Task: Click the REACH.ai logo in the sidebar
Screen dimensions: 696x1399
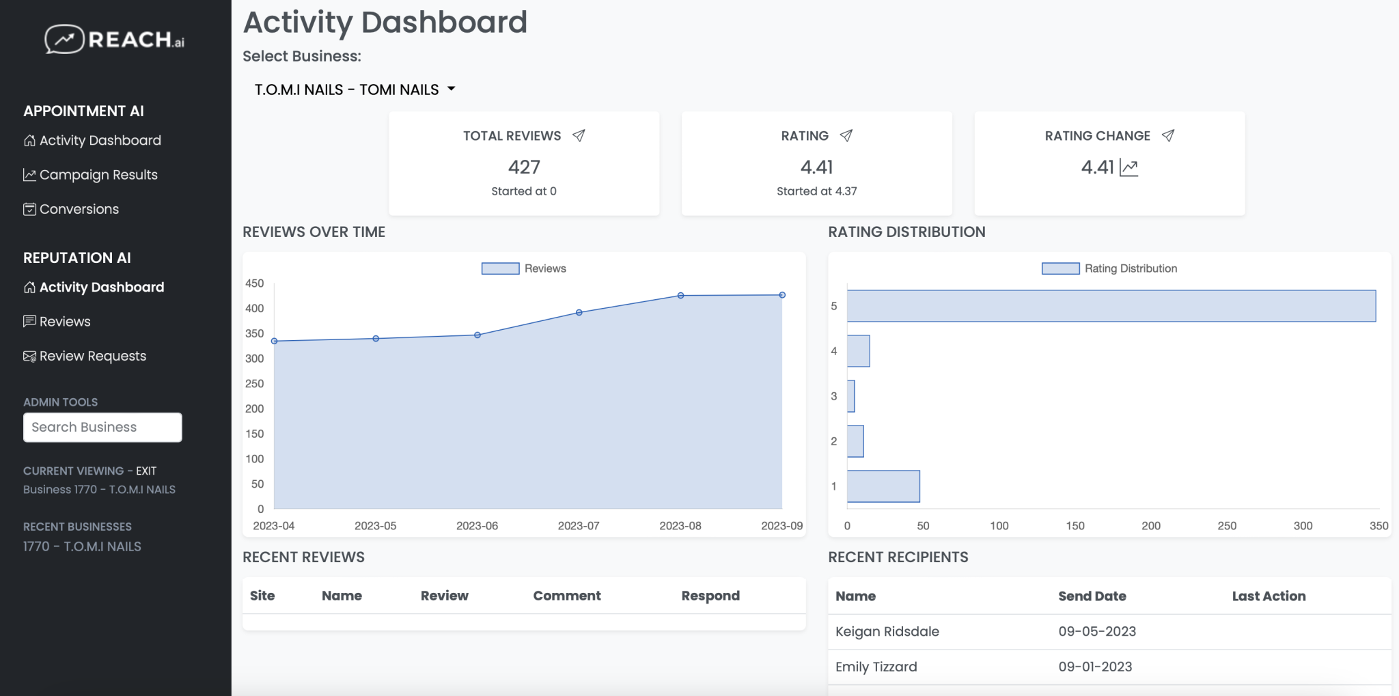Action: click(x=115, y=39)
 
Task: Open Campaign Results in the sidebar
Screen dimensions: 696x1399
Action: click(x=98, y=175)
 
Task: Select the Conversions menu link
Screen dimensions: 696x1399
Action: click(x=79, y=209)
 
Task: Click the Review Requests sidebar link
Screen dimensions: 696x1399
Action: click(x=92, y=356)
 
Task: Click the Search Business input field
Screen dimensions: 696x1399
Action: click(x=102, y=427)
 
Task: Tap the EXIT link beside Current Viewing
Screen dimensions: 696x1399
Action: click(x=146, y=471)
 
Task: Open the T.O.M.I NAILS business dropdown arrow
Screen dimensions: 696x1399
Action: click(x=451, y=89)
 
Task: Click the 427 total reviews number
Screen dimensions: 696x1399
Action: click(x=524, y=167)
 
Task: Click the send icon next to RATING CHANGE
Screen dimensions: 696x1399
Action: click(x=1168, y=135)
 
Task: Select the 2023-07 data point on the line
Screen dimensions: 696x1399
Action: click(x=579, y=312)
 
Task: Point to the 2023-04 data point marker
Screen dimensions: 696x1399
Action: click(x=274, y=341)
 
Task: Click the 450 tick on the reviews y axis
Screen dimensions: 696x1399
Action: click(x=255, y=283)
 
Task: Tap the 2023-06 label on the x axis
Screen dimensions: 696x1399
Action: click(x=477, y=525)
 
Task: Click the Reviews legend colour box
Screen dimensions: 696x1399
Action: click(x=500, y=268)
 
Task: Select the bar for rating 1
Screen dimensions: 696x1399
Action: click(x=883, y=486)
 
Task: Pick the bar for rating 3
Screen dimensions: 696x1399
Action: click(x=850, y=396)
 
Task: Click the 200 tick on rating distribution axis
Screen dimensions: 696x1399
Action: click(x=1150, y=525)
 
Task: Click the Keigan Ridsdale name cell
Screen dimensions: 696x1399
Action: click(x=887, y=631)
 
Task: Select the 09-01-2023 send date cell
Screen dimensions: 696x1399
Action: click(x=1095, y=667)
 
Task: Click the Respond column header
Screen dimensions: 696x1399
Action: click(x=710, y=596)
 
